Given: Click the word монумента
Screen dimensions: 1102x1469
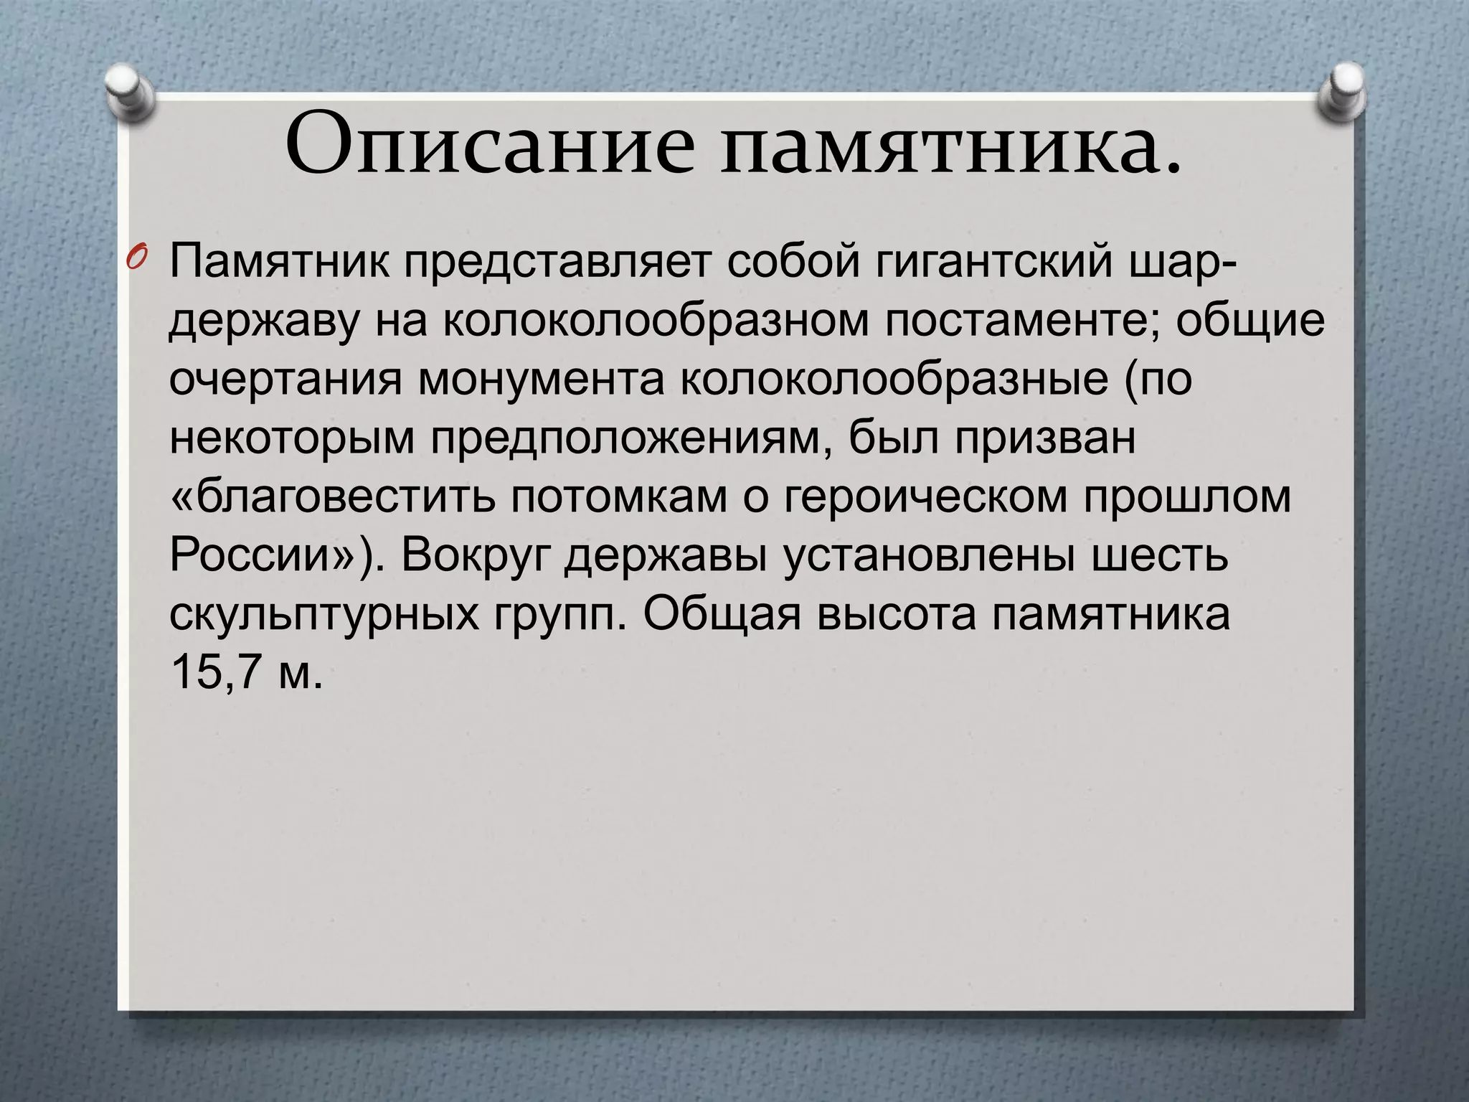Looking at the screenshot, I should click(542, 379).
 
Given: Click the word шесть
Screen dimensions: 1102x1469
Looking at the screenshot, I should click(1159, 554).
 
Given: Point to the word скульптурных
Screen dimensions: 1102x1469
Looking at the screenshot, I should click(325, 614).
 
